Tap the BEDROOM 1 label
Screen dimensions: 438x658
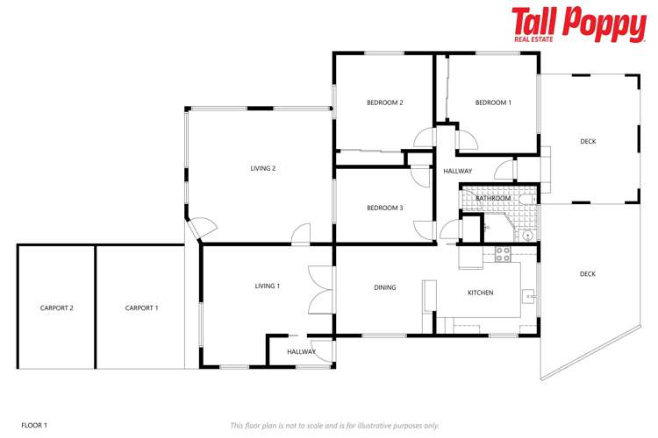[493, 102]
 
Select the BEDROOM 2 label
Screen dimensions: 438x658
[384, 102]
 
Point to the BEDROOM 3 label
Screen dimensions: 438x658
[384, 208]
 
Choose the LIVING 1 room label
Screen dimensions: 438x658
[267, 286]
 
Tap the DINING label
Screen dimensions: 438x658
[384, 287]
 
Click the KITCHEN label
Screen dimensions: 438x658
[480, 293]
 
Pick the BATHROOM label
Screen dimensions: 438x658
[493, 198]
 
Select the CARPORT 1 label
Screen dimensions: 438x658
[141, 307]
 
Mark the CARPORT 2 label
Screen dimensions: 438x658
[56, 307]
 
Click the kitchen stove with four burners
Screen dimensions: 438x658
[503, 254]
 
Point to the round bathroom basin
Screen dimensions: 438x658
[527, 235]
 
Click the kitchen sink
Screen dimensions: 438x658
[530, 297]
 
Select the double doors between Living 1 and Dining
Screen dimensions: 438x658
[321, 289]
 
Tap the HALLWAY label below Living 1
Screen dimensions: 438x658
[301, 351]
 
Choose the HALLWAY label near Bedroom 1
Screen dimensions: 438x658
[458, 171]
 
